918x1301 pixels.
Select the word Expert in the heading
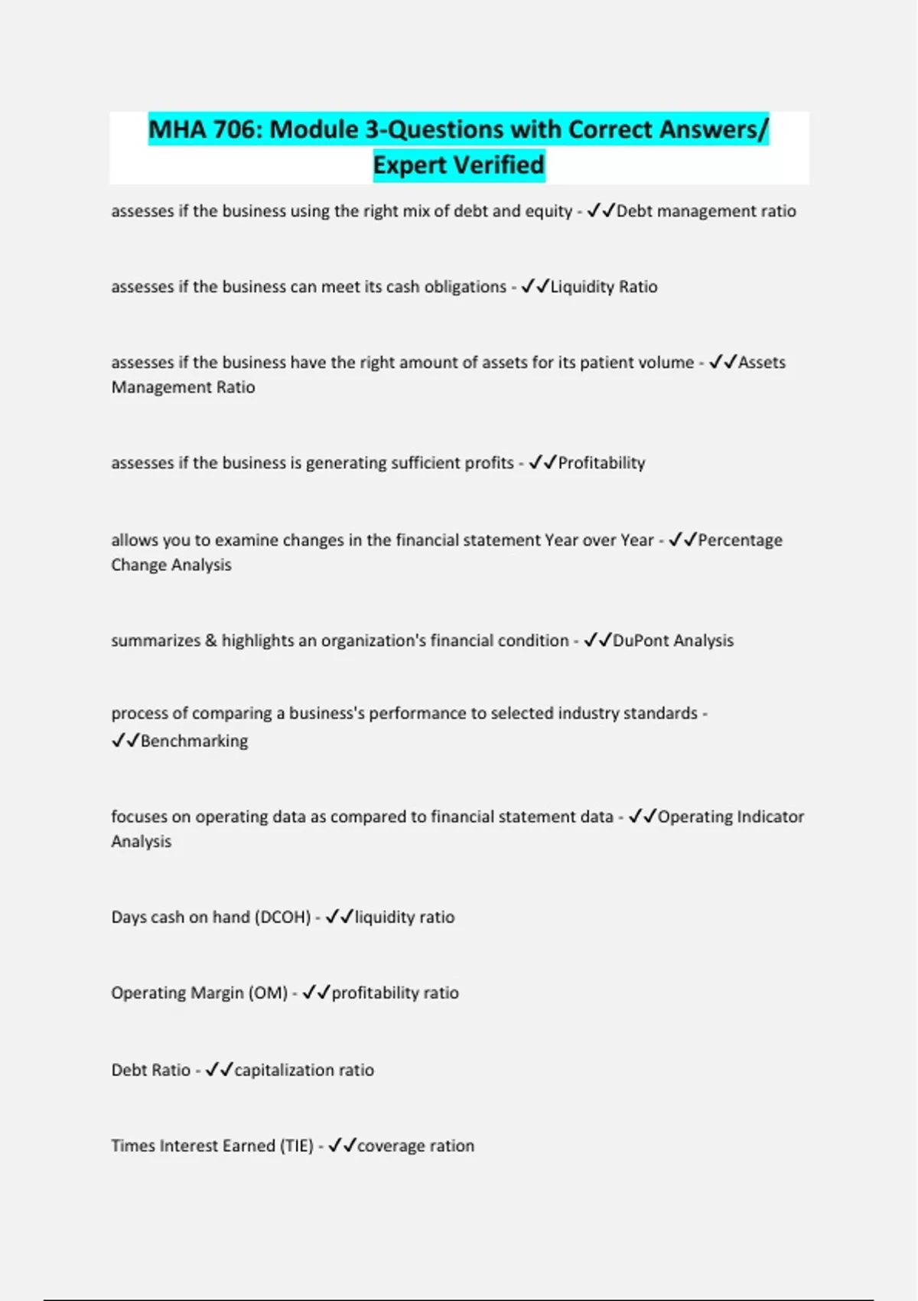(410, 165)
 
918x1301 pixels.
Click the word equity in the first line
(549, 211)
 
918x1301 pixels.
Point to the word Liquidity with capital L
(582, 287)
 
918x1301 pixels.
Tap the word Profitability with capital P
(601, 463)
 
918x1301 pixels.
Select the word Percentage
(740, 540)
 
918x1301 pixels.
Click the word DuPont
(640, 641)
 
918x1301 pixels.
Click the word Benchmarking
(194, 741)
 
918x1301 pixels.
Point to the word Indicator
(767, 817)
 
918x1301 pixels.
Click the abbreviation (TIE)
(296, 1146)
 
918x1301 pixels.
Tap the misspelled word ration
(452, 1146)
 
